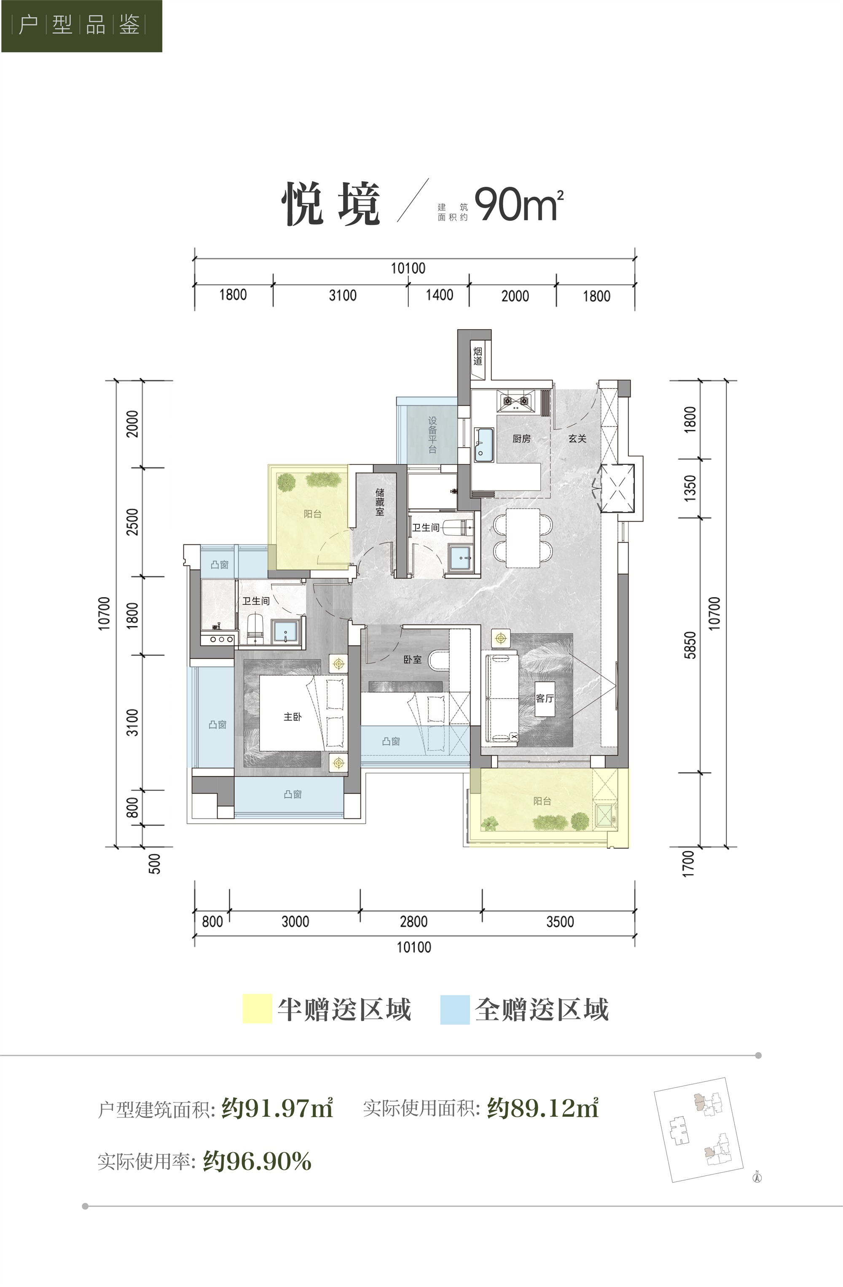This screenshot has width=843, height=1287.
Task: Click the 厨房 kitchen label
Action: pyautogui.click(x=521, y=439)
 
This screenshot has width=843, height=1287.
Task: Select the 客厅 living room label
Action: pyautogui.click(x=545, y=698)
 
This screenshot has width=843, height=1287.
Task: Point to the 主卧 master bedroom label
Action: pyautogui.click(x=293, y=716)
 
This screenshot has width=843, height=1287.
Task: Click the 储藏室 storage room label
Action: pyautogui.click(x=380, y=502)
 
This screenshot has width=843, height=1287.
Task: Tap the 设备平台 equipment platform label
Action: pyautogui.click(x=432, y=435)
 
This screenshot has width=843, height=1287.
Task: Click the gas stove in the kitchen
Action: pyautogui.click(x=516, y=401)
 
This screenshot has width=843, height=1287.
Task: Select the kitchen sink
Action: pyautogui.click(x=484, y=445)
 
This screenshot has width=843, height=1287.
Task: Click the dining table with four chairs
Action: pyautogui.click(x=523, y=538)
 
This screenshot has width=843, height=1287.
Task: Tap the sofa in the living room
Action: pyautogui.click(x=503, y=697)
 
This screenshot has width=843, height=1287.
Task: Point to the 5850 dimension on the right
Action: pyautogui.click(x=690, y=645)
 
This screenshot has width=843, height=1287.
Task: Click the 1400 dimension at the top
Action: pyautogui.click(x=439, y=295)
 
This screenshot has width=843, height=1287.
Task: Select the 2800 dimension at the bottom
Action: pyautogui.click(x=413, y=922)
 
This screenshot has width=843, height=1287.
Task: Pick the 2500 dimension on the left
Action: pyautogui.click(x=132, y=522)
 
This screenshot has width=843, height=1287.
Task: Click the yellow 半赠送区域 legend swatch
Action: pyautogui.click(x=258, y=1008)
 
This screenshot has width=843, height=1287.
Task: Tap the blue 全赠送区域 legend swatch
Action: pyautogui.click(x=455, y=1009)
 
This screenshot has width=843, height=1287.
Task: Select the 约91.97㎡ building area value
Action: pyautogui.click(x=277, y=1108)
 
